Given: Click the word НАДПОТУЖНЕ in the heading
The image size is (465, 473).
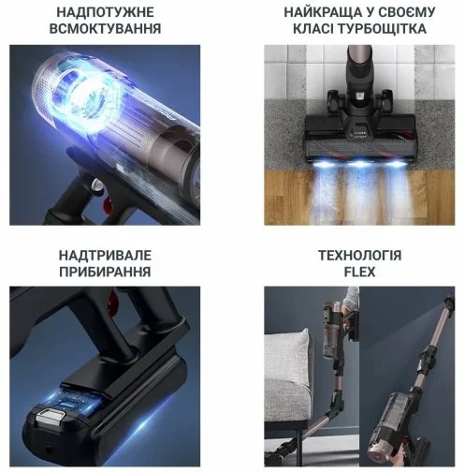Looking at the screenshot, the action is [105, 12].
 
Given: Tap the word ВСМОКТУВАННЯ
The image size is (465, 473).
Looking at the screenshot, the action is [105, 29].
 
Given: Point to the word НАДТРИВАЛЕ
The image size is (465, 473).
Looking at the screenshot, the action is [105, 256].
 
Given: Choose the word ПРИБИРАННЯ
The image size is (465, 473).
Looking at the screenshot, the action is [105, 272].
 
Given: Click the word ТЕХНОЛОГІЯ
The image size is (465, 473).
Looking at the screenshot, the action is [359, 256].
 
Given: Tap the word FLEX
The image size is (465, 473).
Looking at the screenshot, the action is [359, 272].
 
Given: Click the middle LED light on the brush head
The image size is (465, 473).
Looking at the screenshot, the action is [360, 164].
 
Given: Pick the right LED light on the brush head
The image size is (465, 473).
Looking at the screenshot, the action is [397, 164].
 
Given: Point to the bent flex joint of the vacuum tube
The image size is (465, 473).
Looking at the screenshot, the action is [336, 405].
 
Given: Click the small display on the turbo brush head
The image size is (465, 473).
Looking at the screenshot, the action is [359, 130].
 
